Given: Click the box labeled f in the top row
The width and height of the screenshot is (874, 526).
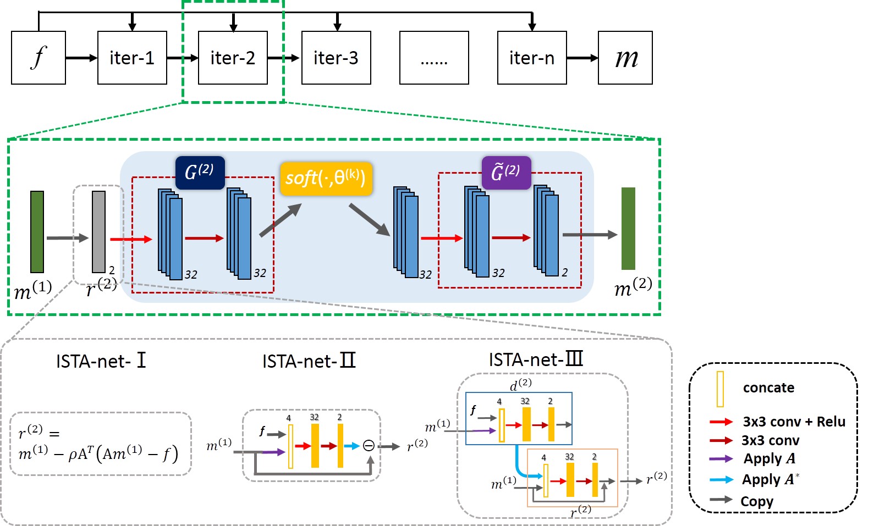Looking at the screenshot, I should click(39, 58).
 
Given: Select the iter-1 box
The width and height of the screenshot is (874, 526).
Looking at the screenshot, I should click(132, 58).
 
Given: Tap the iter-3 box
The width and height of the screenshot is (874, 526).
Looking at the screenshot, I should click(336, 58).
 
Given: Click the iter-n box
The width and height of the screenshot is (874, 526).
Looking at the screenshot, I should click(532, 58).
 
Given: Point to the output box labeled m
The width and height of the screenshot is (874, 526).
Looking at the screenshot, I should click(625, 58).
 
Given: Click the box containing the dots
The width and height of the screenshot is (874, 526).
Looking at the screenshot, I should click(434, 58).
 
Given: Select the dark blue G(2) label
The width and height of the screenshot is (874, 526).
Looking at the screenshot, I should click(200, 173).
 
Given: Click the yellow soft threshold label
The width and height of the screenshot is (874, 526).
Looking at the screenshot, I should click(326, 178).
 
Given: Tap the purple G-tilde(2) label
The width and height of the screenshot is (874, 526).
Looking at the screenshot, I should click(506, 173).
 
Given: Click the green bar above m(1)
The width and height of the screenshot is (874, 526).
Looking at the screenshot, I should click(37, 231).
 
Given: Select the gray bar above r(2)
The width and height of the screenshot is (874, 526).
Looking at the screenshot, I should click(99, 231).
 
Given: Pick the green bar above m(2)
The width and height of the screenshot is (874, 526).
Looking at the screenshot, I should click(628, 228).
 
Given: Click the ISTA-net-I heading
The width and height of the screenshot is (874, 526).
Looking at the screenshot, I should click(101, 361).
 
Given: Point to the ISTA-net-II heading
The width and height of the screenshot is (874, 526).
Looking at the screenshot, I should click(309, 361).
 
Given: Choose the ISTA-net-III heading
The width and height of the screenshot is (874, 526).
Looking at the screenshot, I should click(536, 359).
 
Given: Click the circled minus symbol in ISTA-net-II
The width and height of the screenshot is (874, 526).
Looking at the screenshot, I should click(369, 446).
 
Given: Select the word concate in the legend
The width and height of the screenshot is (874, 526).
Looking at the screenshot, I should click(768, 387).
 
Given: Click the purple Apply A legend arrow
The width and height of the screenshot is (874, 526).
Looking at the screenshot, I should click(721, 458).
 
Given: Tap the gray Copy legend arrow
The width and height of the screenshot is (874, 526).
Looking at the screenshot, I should click(721, 500).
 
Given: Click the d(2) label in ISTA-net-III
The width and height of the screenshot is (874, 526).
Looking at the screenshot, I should click(520, 385).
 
